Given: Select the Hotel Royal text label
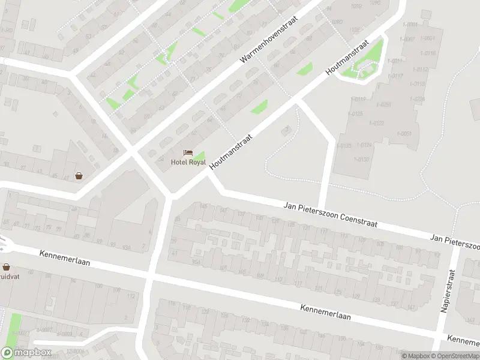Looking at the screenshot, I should pyautogui.click(x=188, y=163).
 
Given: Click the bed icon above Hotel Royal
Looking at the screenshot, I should pyautogui.click(x=188, y=154).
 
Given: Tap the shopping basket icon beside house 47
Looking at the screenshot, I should pyautogui.click(x=79, y=176).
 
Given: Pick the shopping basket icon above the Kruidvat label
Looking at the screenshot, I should pyautogui.click(x=6, y=267).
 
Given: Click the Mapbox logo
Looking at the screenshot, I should pyautogui.click(x=26, y=353).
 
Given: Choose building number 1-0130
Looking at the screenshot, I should pyautogui.click(x=363, y=159).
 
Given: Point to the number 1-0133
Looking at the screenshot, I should pyautogui.click(x=344, y=146).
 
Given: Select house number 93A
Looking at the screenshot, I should pyautogui.click(x=126, y=247).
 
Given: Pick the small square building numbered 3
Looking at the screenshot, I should pyautogui.click(x=286, y=128).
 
